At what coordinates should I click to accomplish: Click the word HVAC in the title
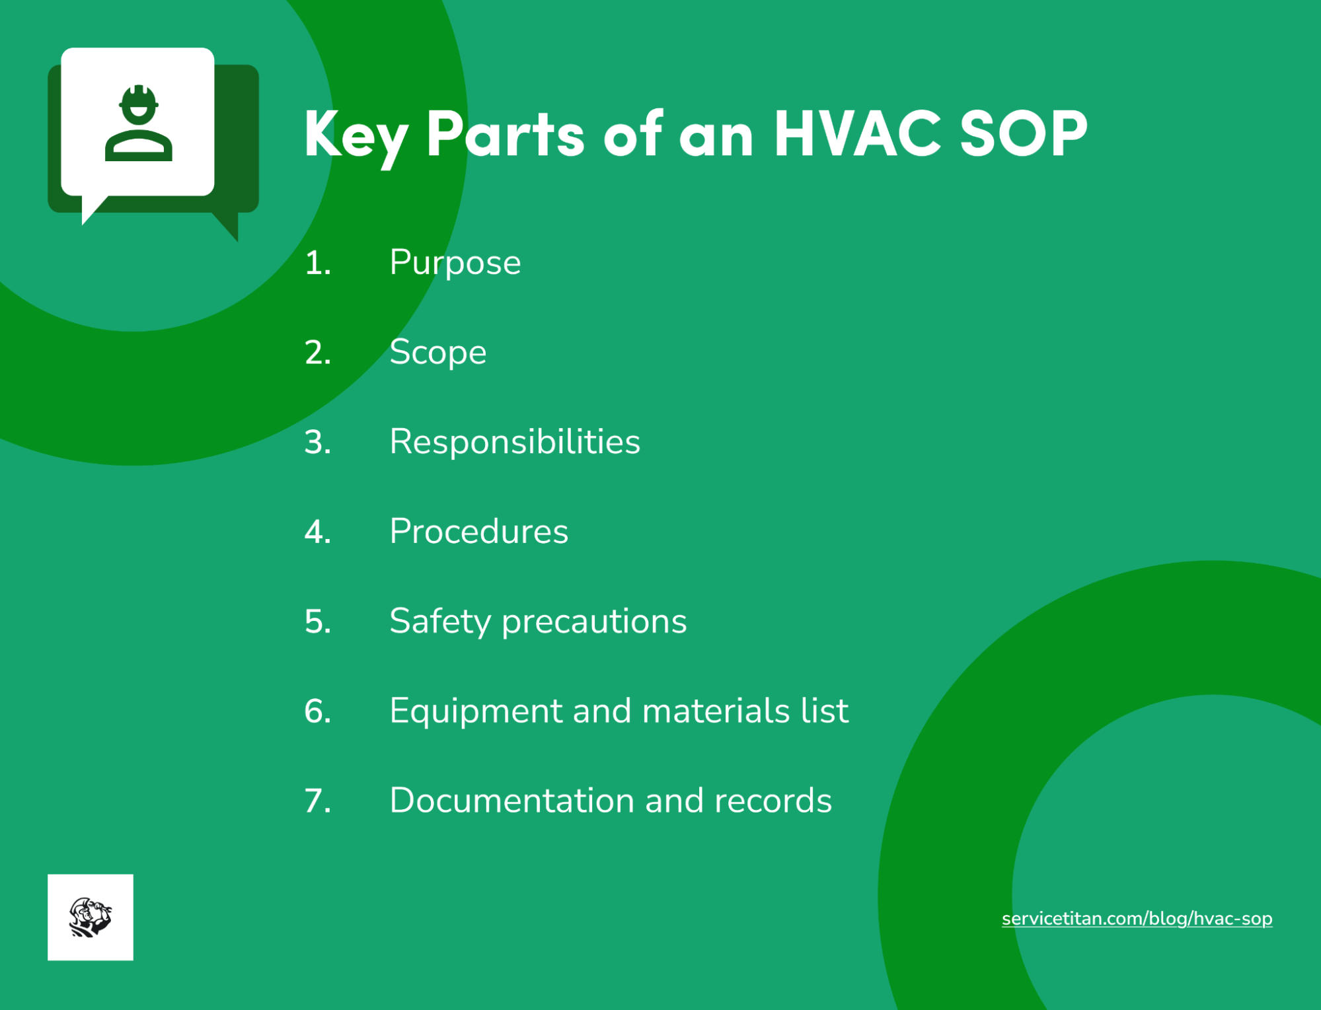857,134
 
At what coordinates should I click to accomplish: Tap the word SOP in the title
1023,134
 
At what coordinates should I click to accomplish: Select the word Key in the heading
356,135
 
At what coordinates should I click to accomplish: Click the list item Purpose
455,263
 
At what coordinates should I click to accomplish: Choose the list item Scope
437,352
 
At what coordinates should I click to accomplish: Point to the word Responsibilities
515,441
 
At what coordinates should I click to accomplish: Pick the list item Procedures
478,531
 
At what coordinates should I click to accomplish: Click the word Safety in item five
440,622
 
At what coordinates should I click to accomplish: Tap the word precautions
594,622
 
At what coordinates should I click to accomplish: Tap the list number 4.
317,532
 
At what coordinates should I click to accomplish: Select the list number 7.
317,801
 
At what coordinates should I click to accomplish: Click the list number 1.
317,263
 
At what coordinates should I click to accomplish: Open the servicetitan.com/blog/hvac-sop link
1137,919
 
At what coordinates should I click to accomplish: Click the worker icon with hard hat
139,124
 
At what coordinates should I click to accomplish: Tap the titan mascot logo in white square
91,917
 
